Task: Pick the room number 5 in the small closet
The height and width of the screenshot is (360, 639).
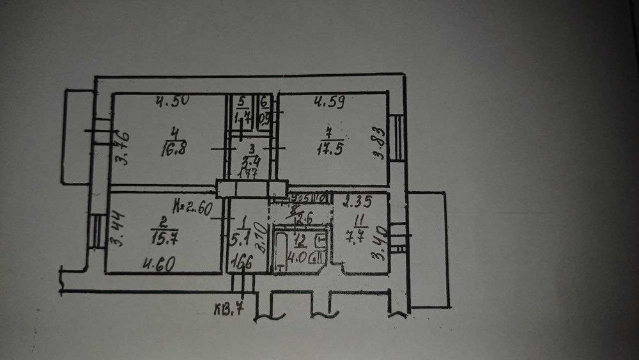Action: pos(241,102)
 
